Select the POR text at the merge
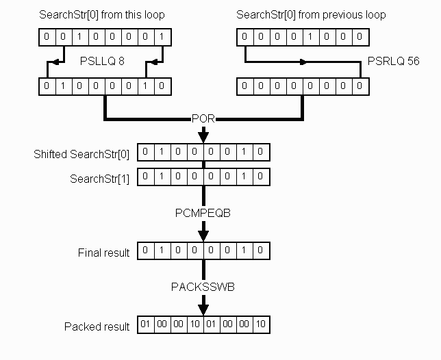(x=203, y=119)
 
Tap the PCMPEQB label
(x=203, y=214)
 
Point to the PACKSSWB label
(x=203, y=287)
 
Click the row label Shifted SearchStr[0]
(x=91, y=154)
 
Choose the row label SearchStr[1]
(x=100, y=178)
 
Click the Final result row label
(x=103, y=253)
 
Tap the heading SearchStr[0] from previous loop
(x=311, y=15)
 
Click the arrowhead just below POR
(x=203, y=136)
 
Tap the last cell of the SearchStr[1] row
(x=261, y=177)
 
